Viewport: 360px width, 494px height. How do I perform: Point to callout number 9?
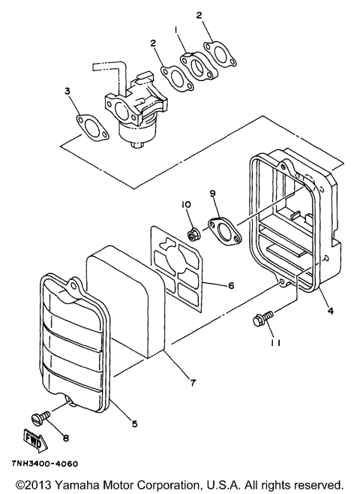213,194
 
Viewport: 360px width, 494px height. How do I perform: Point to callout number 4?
331,307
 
